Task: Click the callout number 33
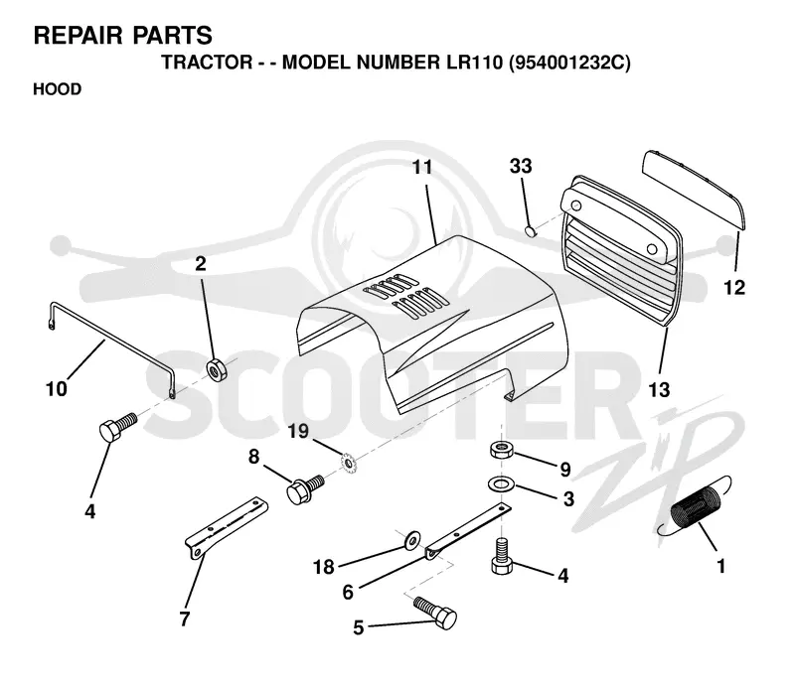point(521,166)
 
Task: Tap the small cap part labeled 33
point(530,231)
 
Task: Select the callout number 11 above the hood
point(422,167)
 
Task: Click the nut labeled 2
point(219,370)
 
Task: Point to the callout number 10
point(57,389)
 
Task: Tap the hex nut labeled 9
point(502,450)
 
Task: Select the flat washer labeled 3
point(501,483)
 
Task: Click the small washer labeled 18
point(411,539)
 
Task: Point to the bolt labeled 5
point(435,612)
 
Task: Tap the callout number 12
point(734,288)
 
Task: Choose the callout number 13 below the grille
point(659,389)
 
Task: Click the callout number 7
point(185,619)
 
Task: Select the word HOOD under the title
point(58,89)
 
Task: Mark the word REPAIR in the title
point(79,36)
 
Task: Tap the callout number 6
point(348,592)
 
